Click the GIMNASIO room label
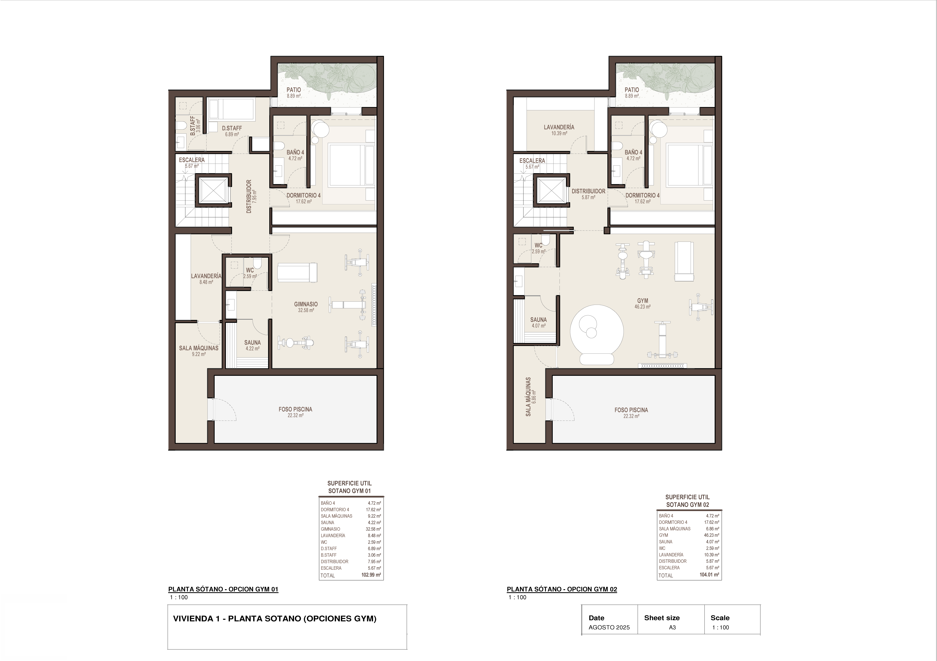[306, 304]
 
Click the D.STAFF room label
[232, 128]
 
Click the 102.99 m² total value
[371, 575]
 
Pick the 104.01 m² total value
[709, 575]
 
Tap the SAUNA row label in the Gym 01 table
[327, 522]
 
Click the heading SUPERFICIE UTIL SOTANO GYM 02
[688, 501]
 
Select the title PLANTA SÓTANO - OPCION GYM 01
[223, 589]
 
